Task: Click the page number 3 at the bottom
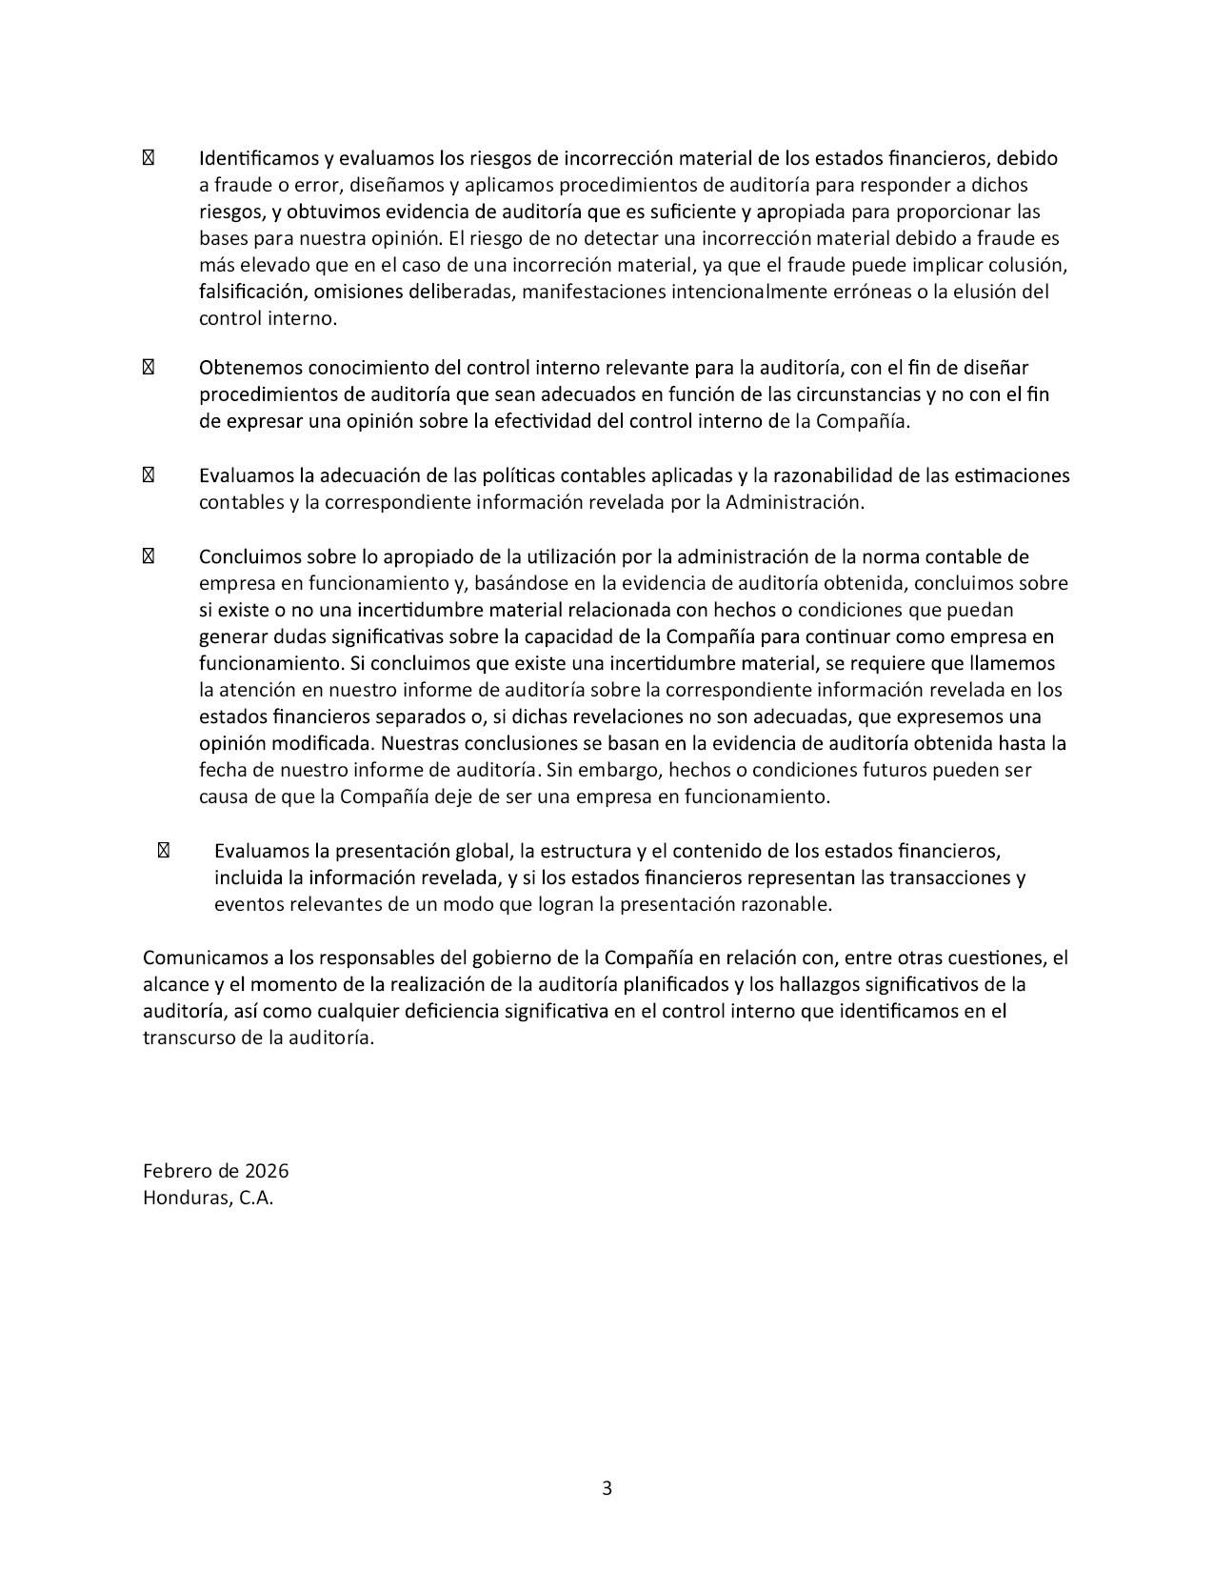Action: (607, 1488)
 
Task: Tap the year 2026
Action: (267, 1171)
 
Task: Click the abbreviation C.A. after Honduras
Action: (256, 1198)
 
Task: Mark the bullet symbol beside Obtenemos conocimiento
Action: (148, 368)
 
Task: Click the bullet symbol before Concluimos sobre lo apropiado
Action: (148, 556)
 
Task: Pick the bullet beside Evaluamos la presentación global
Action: (163, 851)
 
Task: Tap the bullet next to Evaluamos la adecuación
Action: (148, 475)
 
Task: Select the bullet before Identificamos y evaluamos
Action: (148, 158)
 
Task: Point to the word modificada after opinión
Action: (323, 743)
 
